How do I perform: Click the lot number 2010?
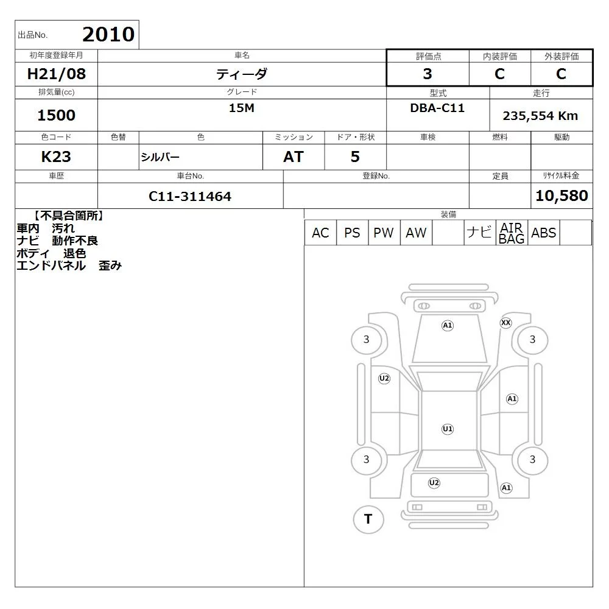[x=108, y=34]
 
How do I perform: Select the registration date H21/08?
[x=56, y=74]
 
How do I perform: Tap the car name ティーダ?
[x=242, y=74]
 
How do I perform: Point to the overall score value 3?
[x=428, y=74]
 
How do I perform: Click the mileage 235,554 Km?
[x=540, y=116]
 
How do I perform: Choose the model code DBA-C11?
[x=437, y=108]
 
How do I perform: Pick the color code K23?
[x=56, y=157]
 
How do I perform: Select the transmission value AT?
[x=294, y=157]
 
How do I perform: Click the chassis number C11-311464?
[x=190, y=196]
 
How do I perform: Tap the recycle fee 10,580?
[x=561, y=195]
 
